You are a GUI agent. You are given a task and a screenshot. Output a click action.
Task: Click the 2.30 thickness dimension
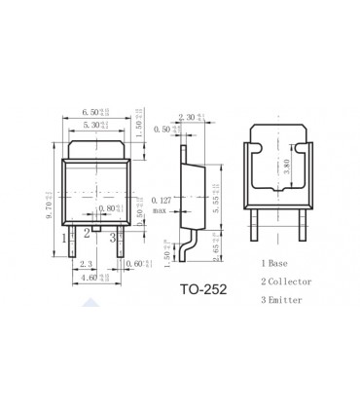pyautogui.click(x=196, y=117)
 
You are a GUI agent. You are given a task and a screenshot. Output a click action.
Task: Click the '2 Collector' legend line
pyautogui.click(x=287, y=281)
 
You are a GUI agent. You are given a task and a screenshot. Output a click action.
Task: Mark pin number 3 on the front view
pyautogui.click(x=113, y=237)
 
